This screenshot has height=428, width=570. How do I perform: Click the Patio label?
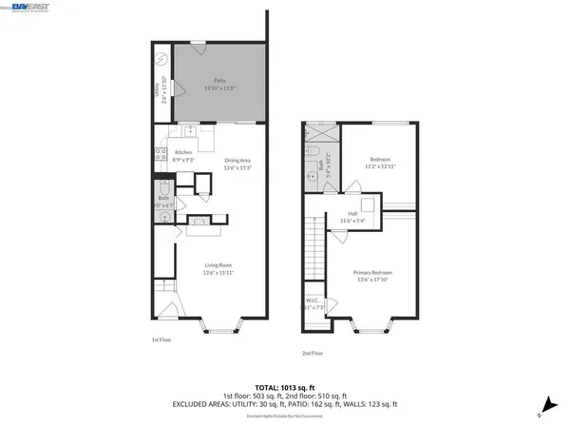click(x=219, y=85)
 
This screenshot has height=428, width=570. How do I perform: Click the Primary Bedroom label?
click(x=373, y=276)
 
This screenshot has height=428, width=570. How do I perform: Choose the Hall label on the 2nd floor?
click(x=352, y=218)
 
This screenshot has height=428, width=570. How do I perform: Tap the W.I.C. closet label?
click(x=314, y=304)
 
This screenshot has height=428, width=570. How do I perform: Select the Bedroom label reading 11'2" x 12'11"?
click(x=381, y=162)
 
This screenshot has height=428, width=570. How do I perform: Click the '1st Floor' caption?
click(x=161, y=340)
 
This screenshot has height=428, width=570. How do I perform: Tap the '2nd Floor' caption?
click(x=313, y=353)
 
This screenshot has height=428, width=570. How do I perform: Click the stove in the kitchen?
click(x=159, y=157)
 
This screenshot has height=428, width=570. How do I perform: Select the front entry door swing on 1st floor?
click(x=167, y=308)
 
